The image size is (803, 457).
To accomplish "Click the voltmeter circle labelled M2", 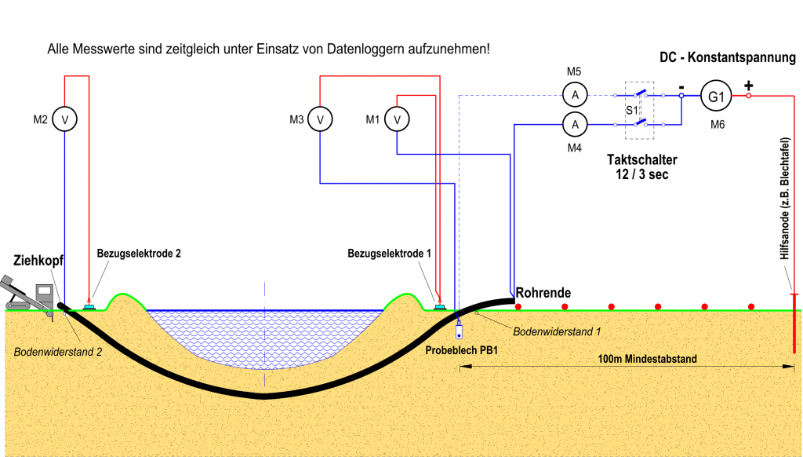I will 65,119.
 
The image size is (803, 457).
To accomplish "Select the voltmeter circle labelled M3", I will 320,119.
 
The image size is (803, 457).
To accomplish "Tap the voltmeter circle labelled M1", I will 398,119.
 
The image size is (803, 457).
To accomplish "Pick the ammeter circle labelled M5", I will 575,95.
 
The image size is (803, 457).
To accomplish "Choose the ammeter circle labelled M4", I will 575,123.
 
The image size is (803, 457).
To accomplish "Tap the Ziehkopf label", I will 38,260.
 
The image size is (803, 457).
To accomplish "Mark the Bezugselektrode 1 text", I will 388,254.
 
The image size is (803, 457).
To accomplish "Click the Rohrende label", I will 543,292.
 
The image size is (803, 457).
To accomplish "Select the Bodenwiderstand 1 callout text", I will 557,331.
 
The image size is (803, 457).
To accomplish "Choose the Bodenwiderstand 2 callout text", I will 58,352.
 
